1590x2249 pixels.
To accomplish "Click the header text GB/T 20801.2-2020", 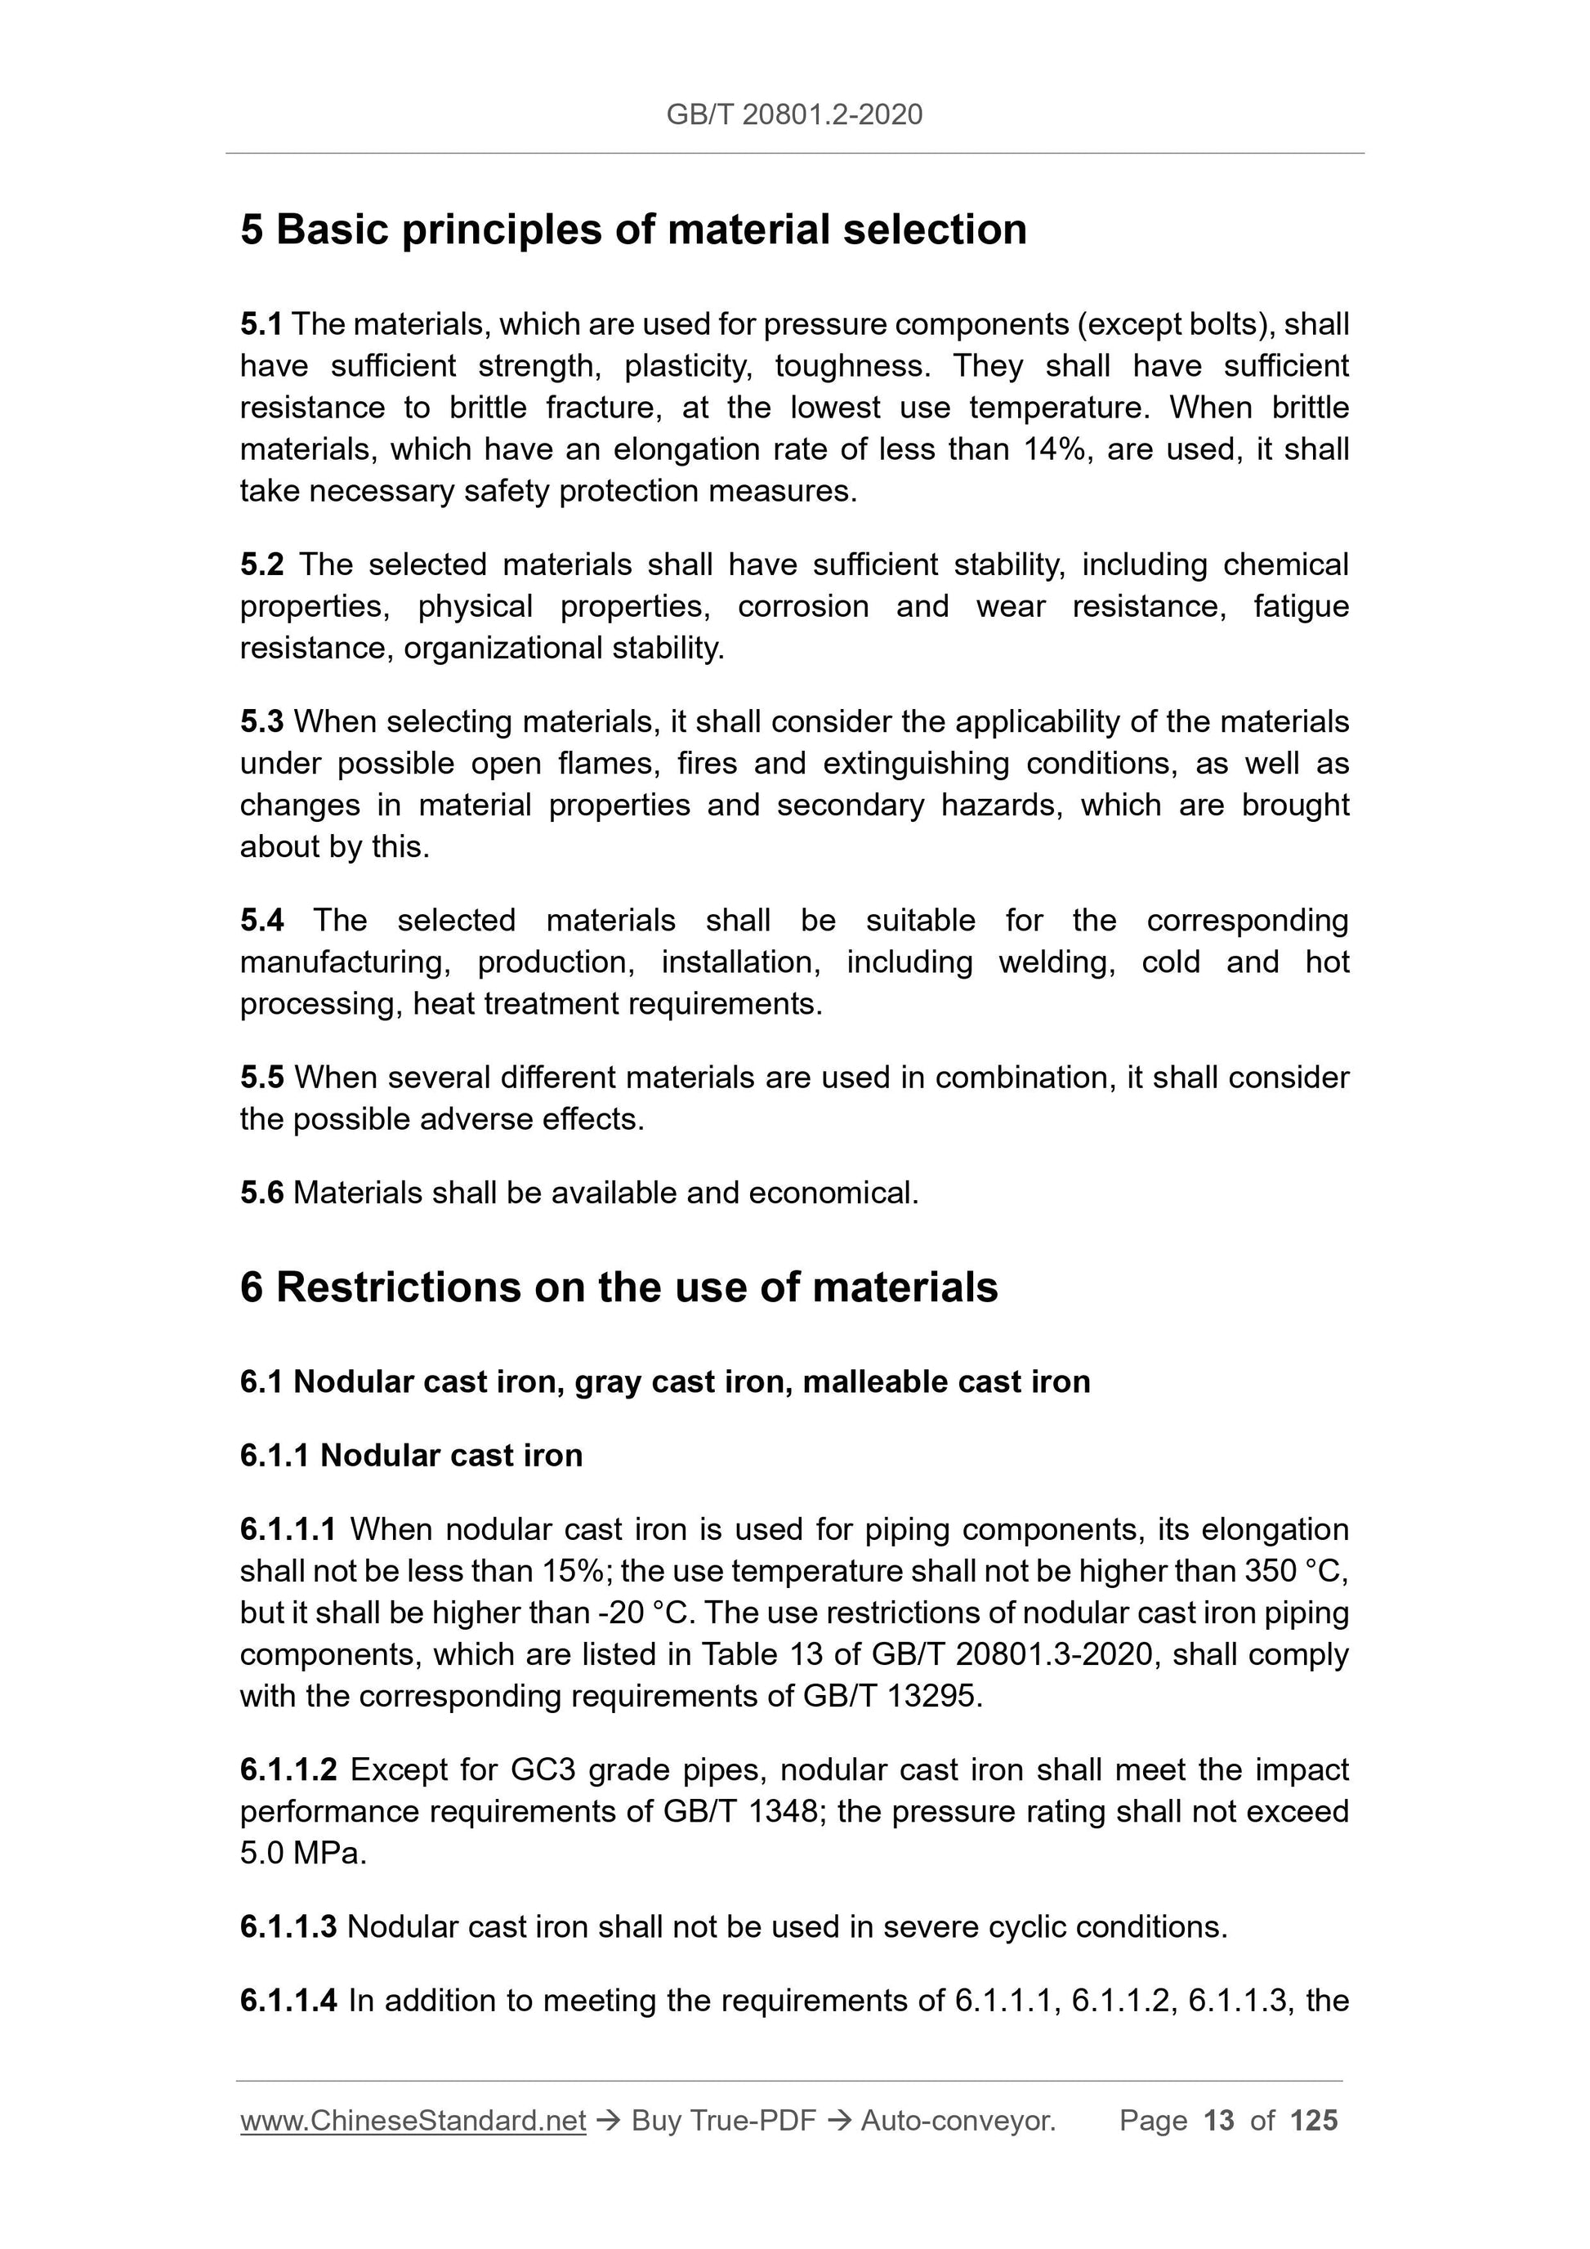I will [793, 115].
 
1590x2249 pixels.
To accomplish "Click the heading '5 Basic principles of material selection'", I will [633, 230].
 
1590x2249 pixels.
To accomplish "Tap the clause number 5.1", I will [261, 324].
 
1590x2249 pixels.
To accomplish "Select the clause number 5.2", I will [261, 565].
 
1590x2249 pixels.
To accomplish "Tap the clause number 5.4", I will [261, 921].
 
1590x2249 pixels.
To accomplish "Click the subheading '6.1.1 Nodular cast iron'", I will [410, 1456].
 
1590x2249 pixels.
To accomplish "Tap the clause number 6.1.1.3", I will [288, 1928].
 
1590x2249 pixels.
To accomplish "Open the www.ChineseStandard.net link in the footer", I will [413, 2122].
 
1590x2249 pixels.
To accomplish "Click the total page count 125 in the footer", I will [1314, 2122].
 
